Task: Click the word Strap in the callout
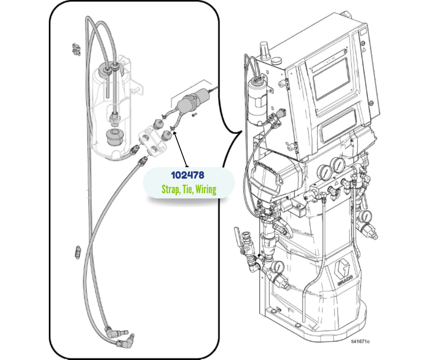170,189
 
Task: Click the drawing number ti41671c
360,341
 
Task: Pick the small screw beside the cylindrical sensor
194,115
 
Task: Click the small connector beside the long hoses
77,251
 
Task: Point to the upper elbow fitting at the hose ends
110,329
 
